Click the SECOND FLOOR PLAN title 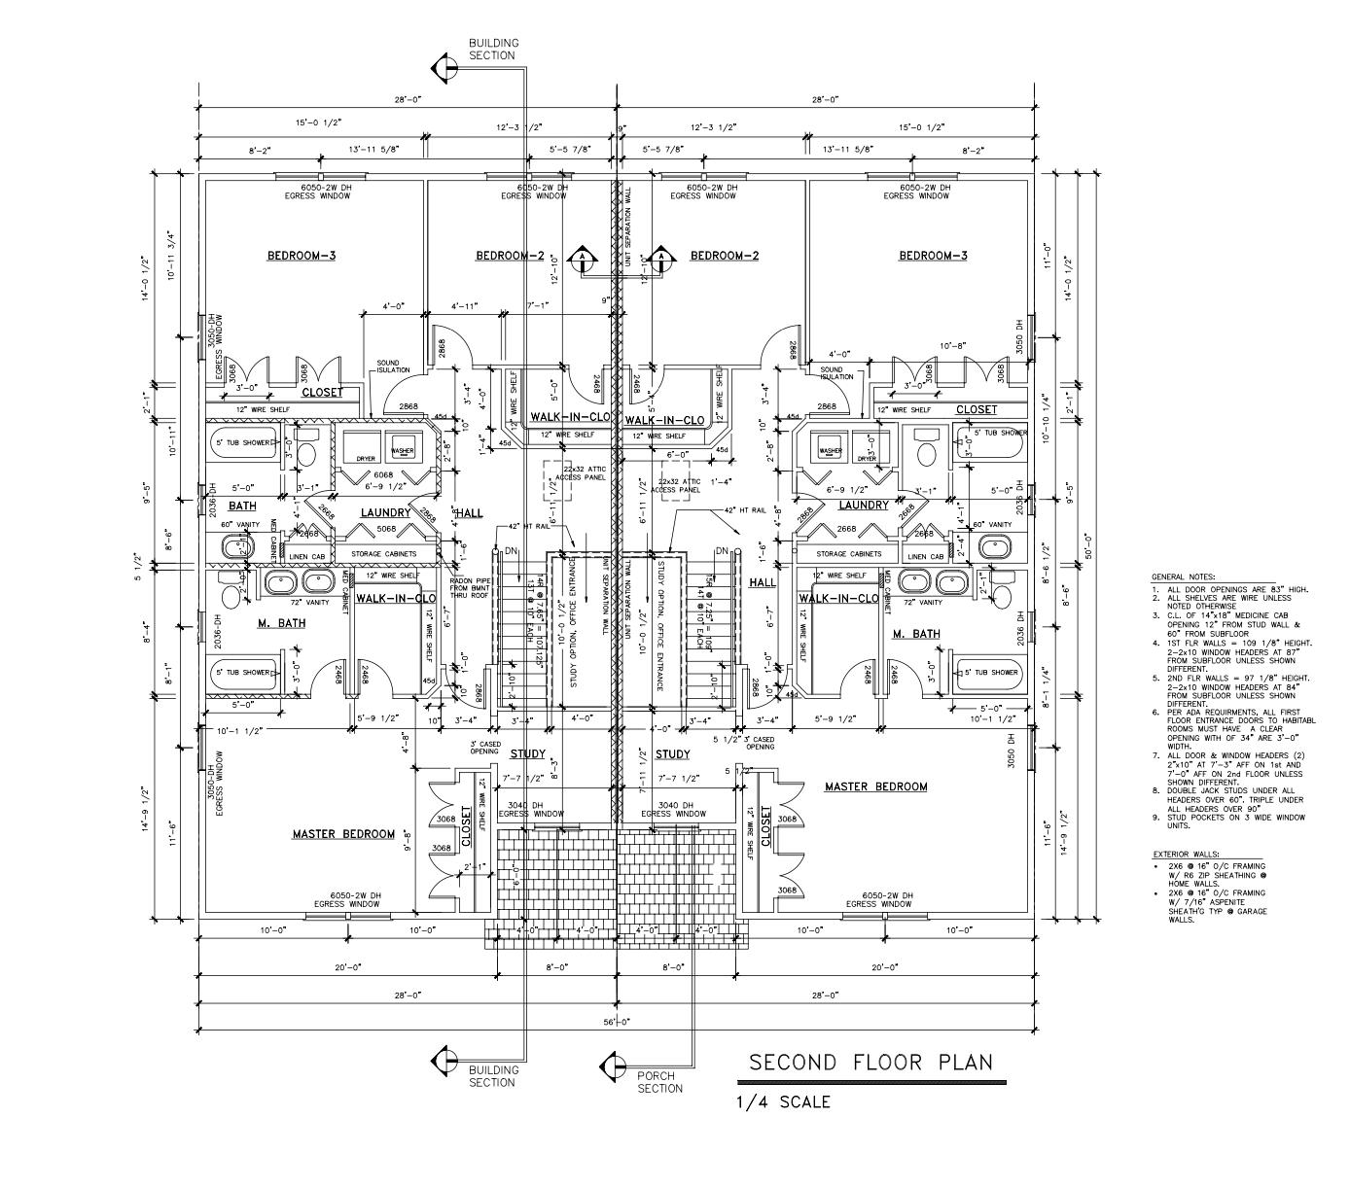coord(870,1062)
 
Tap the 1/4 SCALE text coord(783,1101)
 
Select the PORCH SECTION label coord(659,1082)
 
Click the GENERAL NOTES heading coord(1183,577)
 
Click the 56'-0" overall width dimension coord(617,1022)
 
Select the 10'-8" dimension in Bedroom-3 coord(952,346)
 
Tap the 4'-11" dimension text coord(466,307)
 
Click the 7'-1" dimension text coord(537,307)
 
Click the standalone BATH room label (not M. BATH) coord(242,507)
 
